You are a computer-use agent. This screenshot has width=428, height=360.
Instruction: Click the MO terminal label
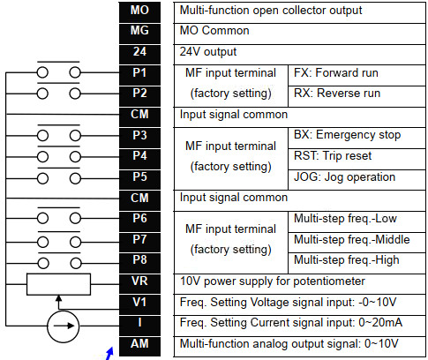(139, 11)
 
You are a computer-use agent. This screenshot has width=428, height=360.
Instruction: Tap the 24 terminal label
(139, 52)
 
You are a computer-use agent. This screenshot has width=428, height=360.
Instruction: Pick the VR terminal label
(139, 281)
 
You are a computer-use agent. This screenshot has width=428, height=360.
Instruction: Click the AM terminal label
(139, 344)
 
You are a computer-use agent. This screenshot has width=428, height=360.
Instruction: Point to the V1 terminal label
(139, 303)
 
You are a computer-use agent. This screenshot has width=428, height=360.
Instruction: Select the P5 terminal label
(139, 177)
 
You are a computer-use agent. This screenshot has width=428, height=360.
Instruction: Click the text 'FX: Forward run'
(336, 73)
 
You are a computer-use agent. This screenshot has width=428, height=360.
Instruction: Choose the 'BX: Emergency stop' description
(347, 135)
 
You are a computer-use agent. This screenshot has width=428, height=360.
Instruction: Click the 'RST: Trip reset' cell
(357, 159)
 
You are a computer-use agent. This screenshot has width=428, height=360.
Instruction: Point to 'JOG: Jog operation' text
(344, 177)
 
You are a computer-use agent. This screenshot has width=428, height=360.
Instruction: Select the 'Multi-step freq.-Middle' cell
(357, 243)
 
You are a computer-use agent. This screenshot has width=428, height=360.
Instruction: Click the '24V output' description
(208, 52)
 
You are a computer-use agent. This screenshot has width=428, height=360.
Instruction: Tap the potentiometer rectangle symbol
(58, 284)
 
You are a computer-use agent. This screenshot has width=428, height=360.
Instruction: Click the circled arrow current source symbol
(64, 326)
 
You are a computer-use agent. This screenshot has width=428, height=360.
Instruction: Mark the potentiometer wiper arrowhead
(59, 297)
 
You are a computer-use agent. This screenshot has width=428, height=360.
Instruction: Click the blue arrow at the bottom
(109, 354)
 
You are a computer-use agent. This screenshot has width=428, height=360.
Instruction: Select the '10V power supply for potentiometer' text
(273, 281)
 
